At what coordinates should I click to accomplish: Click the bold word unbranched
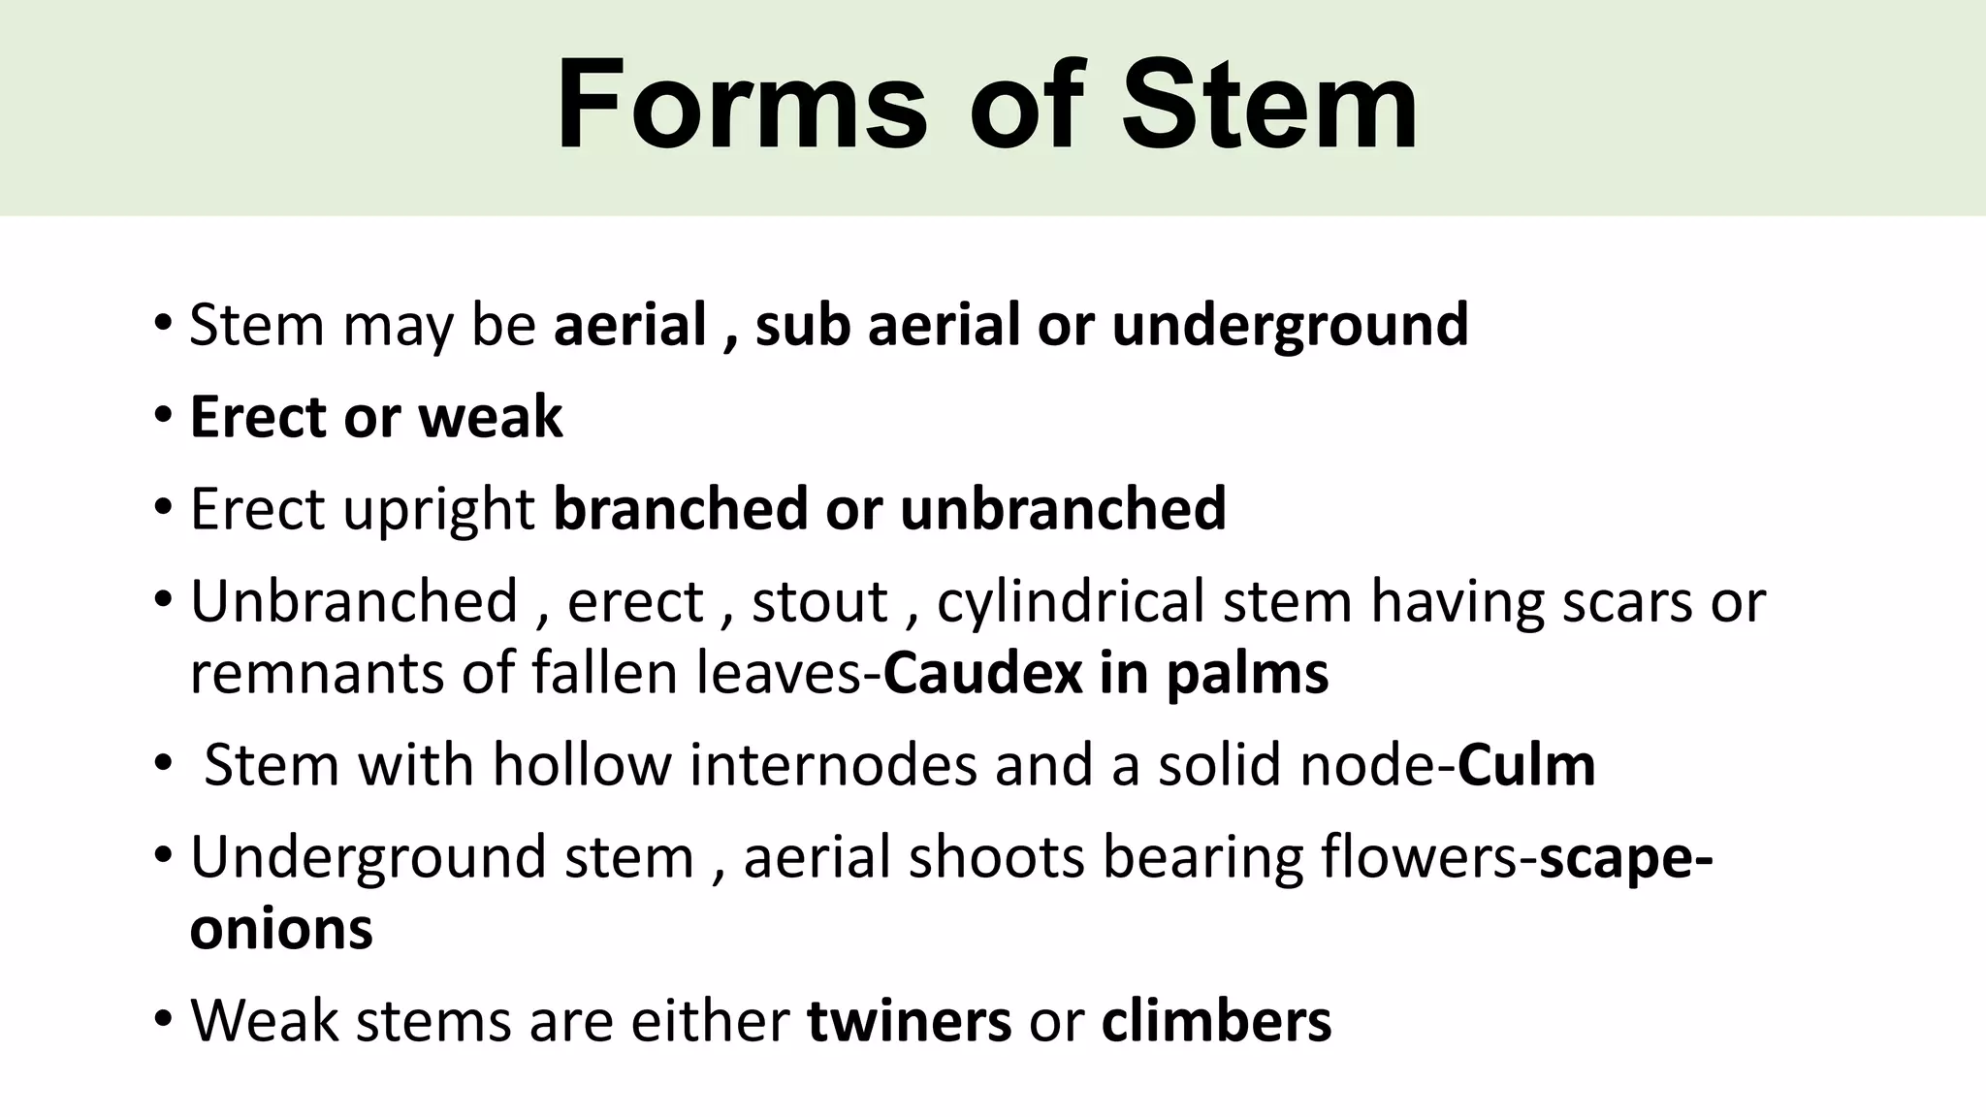click(x=1063, y=509)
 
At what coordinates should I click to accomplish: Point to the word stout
click(x=819, y=602)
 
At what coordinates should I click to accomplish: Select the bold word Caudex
click(x=981, y=673)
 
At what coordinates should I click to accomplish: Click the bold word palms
click(x=1247, y=673)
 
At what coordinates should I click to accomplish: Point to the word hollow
click(x=582, y=765)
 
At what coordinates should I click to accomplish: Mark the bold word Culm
click(x=1526, y=765)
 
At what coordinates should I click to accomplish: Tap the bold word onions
click(x=281, y=929)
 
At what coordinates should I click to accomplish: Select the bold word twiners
click(x=909, y=1021)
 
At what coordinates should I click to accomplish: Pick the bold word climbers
click(x=1216, y=1021)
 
